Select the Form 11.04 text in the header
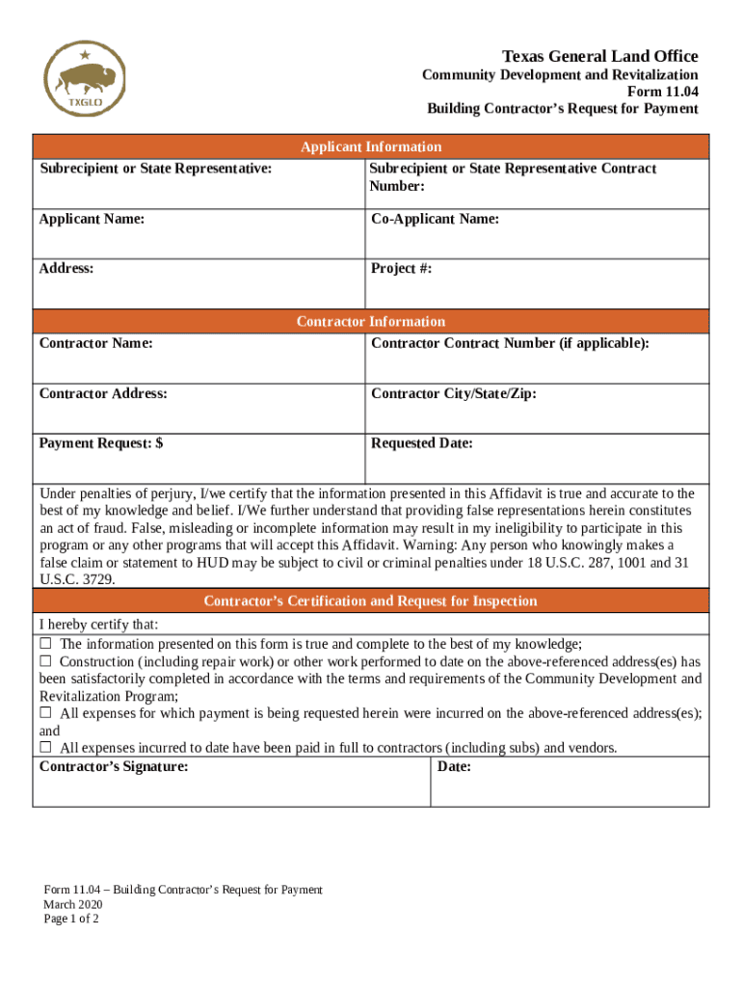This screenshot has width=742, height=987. (x=663, y=92)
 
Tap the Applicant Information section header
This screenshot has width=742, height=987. (x=371, y=147)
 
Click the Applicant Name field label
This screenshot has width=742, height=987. (x=92, y=219)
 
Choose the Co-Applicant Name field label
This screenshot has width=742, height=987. (x=435, y=219)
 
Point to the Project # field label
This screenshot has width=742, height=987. (x=401, y=269)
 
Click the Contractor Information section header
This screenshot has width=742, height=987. (x=371, y=321)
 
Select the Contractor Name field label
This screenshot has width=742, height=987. (x=95, y=343)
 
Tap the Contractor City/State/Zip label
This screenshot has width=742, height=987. (x=453, y=393)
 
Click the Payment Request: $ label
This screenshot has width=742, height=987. (x=100, y=443)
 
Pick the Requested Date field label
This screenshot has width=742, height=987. (x=421, y=443)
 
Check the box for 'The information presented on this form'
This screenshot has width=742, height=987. (x=45, y=644)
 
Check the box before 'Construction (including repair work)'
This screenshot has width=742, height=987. (x=45, y=661)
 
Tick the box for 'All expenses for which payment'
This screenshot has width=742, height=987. (x=45, y=713)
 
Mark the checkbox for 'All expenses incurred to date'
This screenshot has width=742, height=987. (x=45, y=748)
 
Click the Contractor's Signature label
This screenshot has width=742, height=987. (x=114, y=767)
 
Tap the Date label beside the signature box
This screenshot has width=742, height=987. (x=454, y=767)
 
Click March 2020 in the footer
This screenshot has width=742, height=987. (x=72, y=904)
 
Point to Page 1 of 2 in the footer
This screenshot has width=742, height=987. (x=70, y=919)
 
